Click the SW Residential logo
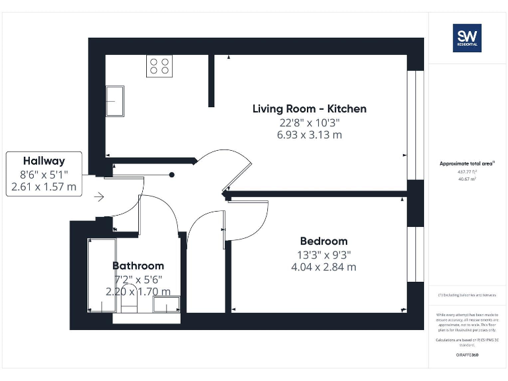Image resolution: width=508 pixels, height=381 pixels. (466, 38)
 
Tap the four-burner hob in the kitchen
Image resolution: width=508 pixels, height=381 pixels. (159, 66)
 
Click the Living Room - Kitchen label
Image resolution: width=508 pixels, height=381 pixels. (309, 108)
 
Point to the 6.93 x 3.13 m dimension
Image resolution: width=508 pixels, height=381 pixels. (309, 135)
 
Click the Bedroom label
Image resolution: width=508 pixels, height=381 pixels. (323, 241)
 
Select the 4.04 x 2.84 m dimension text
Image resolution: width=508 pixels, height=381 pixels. (323, 267)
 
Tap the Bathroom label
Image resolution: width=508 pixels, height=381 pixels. (138, 266)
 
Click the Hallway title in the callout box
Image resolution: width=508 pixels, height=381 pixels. (44, 161)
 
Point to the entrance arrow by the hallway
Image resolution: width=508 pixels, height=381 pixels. (99, 196)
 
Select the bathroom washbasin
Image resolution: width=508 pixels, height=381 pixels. (166, 304)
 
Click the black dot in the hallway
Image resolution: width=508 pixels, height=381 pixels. (171, 175)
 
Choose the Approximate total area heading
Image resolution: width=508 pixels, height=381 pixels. (466, 163)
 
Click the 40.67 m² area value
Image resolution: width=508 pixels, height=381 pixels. (466, 179)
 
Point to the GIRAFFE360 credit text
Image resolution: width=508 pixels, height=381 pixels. (466, 355)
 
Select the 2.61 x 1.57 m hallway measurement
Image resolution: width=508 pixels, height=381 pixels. (44, 187)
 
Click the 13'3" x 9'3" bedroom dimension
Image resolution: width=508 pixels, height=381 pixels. (323, 255)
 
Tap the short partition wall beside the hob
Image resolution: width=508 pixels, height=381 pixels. (211, 80)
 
